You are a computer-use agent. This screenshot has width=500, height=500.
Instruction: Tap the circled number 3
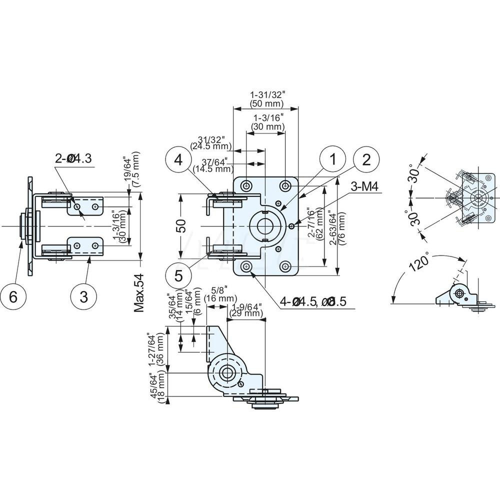tap(83, 296)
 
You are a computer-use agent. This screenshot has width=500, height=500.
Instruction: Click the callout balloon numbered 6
tap(13, 296)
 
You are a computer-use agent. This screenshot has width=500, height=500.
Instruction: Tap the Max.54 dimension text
tap(139, 292)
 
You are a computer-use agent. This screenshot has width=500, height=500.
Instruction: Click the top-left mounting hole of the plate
tap(246, 186)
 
